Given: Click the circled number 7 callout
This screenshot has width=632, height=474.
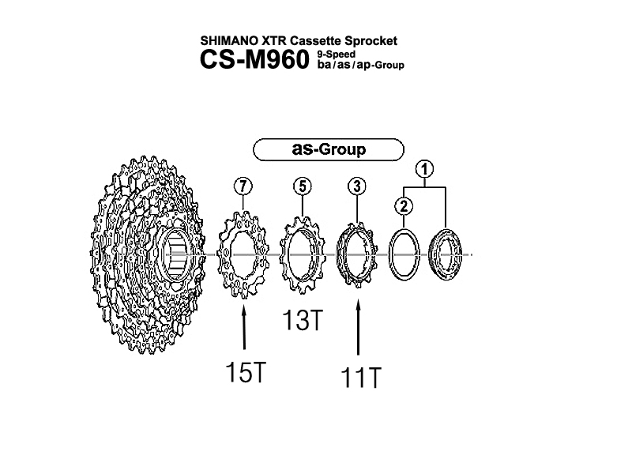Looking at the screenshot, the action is point(243,186).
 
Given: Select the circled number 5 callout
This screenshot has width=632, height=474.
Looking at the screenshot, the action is point(303,186).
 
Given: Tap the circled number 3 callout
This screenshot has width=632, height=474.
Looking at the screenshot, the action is point(357,186).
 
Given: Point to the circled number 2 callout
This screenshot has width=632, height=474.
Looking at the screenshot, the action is point(404,206).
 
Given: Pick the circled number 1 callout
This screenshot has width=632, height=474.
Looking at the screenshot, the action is point(425,169).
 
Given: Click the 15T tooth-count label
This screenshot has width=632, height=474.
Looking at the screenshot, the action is point(246,372).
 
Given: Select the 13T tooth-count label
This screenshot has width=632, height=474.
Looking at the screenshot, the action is point(303,320).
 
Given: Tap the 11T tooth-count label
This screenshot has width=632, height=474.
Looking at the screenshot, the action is point(361,378).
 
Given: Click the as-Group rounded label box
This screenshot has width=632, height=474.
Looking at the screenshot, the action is point(329,149).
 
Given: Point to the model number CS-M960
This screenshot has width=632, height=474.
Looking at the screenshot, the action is point(254,59).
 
